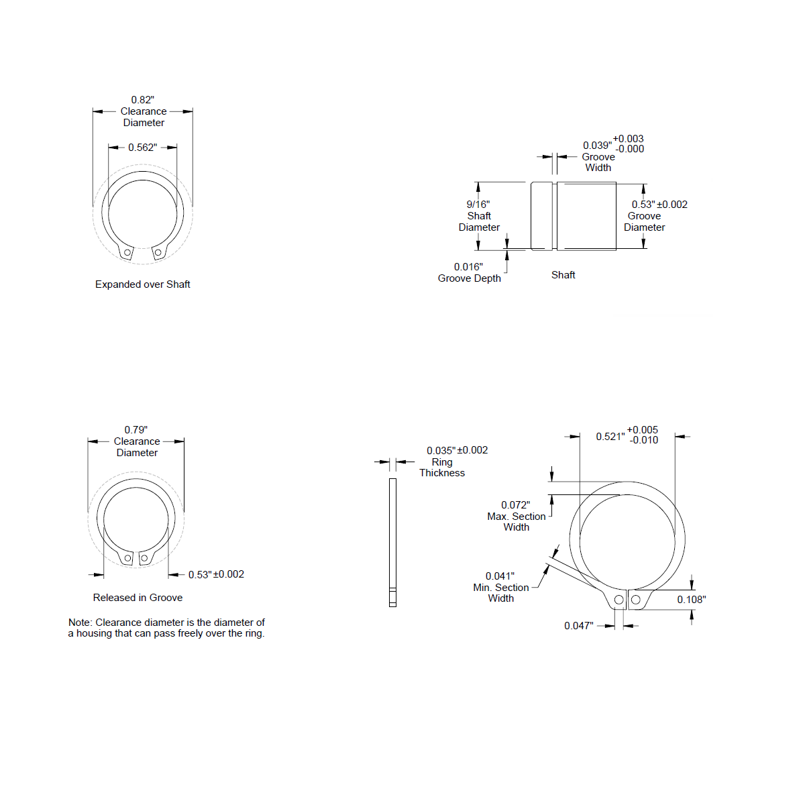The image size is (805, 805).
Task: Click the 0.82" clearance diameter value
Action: click(x=142, y=100)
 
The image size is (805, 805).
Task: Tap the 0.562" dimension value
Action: click(x=142, y=148)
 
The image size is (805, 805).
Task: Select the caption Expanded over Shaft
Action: click(x=142, y=284)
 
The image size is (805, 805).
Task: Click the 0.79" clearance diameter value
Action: click(x=136, y=430)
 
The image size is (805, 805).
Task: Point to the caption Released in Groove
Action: click(x=138, y=598)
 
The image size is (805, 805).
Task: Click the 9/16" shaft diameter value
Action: click(x=478, y=205)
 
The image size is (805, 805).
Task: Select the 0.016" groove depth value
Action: click(x=468, y=267)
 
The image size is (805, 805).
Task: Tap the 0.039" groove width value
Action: click(x=598, y=146)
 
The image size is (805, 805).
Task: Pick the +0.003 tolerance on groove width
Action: click(x=629, y=139)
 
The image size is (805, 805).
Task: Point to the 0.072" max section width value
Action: click(x=515, y=505)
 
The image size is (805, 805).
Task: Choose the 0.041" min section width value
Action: click(x=500, y=576)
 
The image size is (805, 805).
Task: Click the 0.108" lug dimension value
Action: click(x=692, y=600)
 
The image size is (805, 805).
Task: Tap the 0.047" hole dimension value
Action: click(x=578, y=626)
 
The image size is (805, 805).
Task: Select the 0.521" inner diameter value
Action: click(x=610, y=437)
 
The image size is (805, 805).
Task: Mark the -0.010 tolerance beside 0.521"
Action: click(x=644, y=440)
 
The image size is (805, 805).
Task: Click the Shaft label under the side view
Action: click(x=563, y=275)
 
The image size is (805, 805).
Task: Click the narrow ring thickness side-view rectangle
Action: click(x=392, y=543)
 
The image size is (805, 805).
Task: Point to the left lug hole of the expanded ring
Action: click(x=127, y=253)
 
